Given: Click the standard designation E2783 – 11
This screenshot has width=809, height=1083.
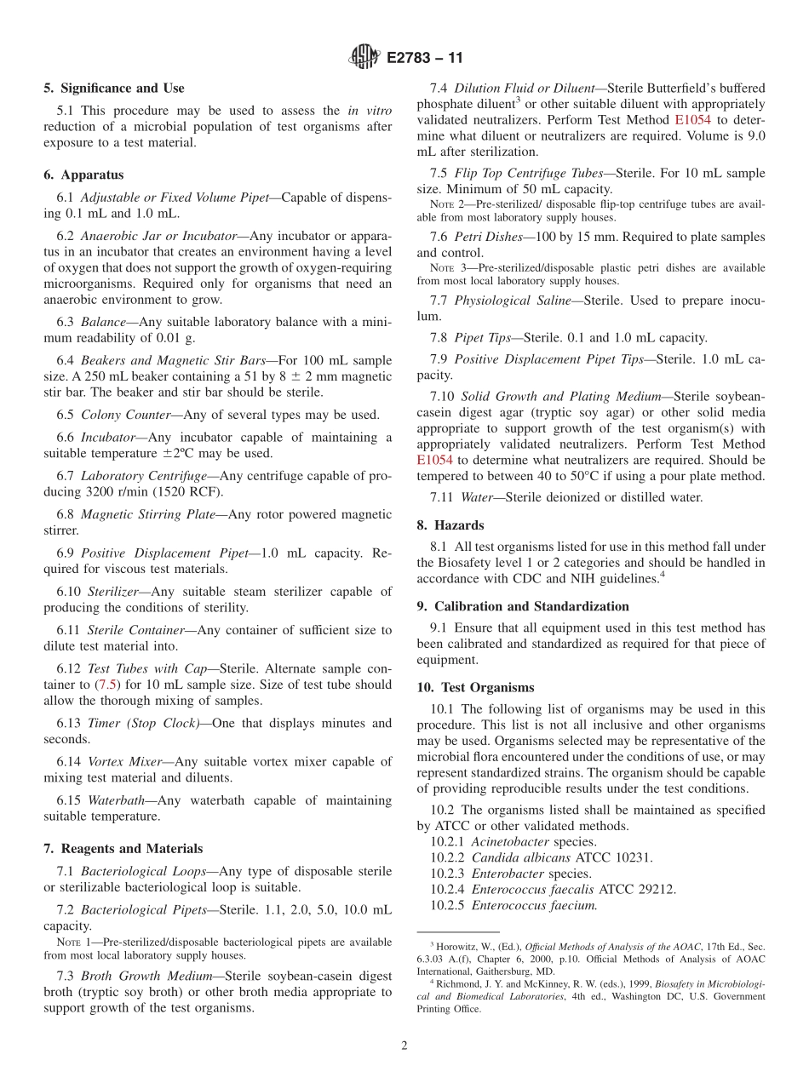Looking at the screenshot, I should (425, 59).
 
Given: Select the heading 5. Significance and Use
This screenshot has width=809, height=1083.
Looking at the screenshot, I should (114, 89).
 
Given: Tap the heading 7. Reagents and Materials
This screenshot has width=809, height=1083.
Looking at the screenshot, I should (123, 849).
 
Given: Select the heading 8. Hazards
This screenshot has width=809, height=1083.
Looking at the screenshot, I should (450, 525).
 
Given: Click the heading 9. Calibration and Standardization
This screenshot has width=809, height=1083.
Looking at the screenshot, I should (523, 606).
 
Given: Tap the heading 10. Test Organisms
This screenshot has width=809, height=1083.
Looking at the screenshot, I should (475, 688).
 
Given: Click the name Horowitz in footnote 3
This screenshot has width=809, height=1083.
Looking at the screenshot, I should (460, 946).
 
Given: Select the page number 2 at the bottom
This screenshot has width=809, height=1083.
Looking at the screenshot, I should (404, 1046).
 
